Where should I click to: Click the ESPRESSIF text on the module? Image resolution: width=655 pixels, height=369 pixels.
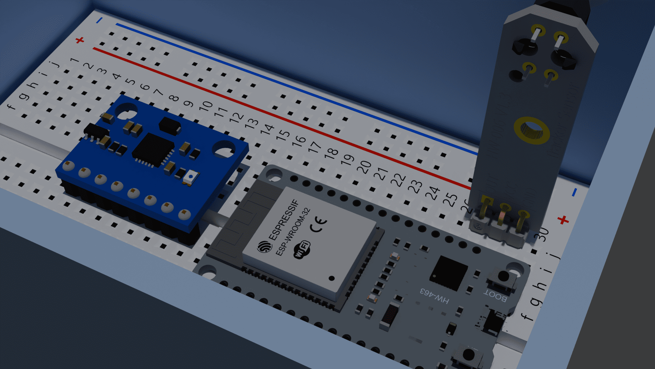coord(283,220)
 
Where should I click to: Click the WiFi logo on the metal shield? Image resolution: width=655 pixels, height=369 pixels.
coord(302,249)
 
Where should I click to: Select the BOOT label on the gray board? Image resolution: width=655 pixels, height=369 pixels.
coord(495,296)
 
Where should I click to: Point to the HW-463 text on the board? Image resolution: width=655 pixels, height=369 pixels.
coord(434,296)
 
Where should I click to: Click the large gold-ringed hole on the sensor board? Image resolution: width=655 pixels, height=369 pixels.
coord(532,130)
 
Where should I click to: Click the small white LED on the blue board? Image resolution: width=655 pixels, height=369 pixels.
coord(191,177)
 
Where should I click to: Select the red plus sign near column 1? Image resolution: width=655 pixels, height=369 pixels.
coord(80,40)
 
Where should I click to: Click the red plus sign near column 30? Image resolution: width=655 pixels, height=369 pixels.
coord(563,220)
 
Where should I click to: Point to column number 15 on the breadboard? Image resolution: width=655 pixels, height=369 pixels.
coord(283,135)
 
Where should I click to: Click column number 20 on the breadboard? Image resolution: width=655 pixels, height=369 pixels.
coord(364,166)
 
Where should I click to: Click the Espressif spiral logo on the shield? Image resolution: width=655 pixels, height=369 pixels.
coord(264,246)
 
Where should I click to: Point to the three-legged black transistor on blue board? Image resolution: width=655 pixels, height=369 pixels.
coord(95,132)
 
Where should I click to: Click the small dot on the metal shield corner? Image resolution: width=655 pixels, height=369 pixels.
coord(331,278)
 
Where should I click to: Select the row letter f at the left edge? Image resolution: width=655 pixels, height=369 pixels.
coord(11,107)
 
